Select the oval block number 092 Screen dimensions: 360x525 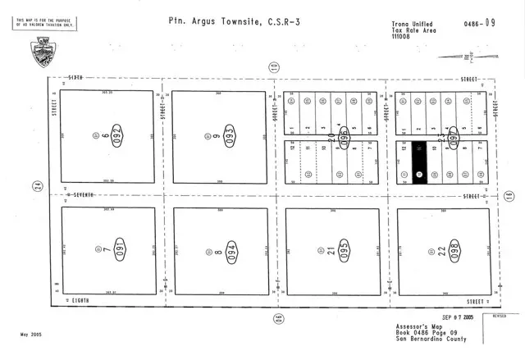click(117, 134)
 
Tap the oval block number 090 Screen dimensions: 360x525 click(116, 248)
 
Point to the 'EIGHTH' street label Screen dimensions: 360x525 click(80, 301)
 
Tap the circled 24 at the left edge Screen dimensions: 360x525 click(37, 187)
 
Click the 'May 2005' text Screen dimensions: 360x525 click(32, 335)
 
